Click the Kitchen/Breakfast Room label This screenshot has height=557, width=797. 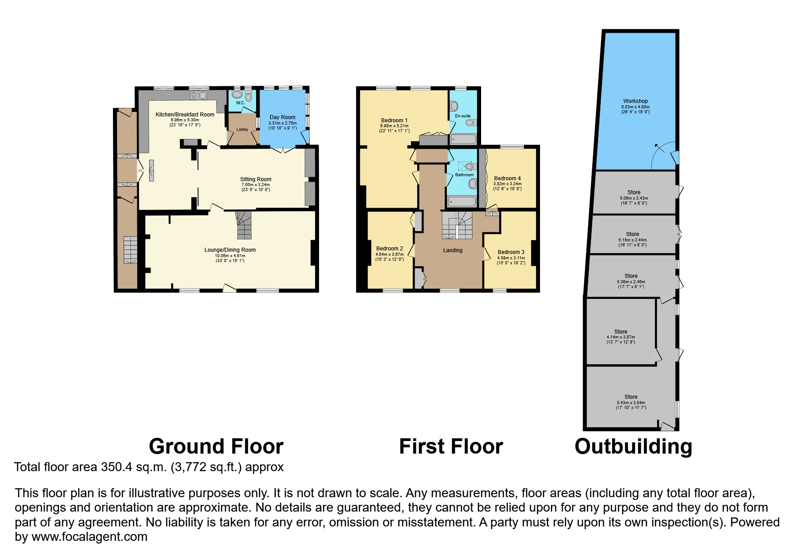click(x=185, y=115)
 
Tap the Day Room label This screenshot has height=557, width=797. click(x=283, y=117)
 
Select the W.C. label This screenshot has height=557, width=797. click(x=240, y=103)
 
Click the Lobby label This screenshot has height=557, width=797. click(x=242, y=129)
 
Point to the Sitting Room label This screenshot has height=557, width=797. click(x=256, y=179)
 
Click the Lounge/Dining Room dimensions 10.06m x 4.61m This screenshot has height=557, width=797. click(x=230, y=256)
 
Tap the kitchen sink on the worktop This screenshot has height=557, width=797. click(x=198, y=95)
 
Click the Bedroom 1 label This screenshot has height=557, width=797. click(x=394, y=120)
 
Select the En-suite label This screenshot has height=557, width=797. click(x=463, y=116)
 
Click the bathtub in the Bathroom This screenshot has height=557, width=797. click(x=462, y=201)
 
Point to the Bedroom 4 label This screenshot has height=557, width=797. click(x=507, y=178)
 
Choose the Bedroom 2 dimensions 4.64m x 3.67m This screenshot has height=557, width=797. click(x=390, y=254)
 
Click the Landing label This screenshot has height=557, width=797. click(x=452, y=250)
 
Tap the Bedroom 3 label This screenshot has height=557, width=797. click(x=511, y=252)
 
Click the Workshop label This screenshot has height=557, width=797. click(x=635, y=101)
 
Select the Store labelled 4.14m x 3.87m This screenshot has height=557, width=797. click(x=621, y=332)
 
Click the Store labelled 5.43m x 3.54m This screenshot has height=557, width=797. click(x=630, y=397)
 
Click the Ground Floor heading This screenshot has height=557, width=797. click(x=216, y=446)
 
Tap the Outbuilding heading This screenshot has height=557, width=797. click(x=633, y=446)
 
